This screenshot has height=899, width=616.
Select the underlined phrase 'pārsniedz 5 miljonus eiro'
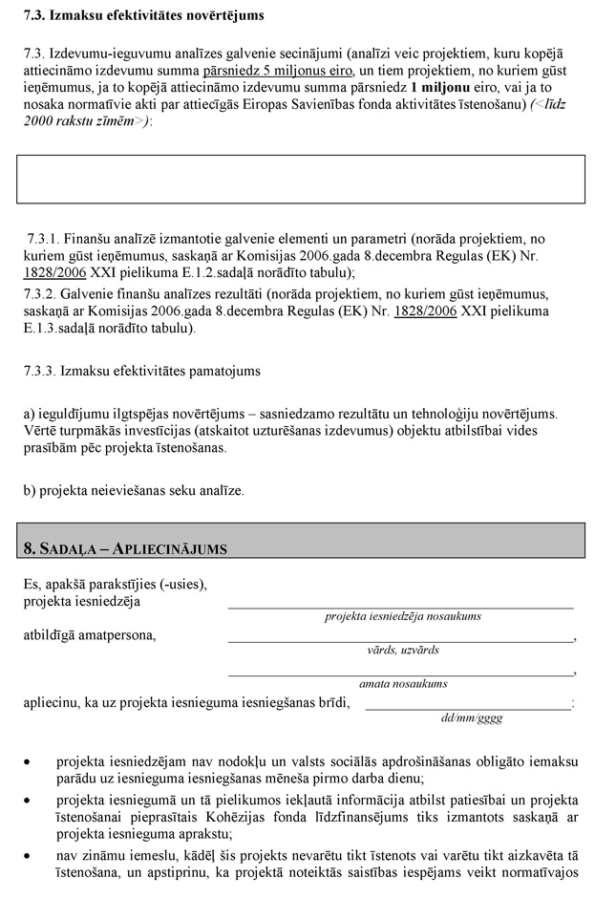click(277, 72)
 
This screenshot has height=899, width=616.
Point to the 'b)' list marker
click(30, 490)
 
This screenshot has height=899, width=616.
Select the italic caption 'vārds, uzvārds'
click(401, 650)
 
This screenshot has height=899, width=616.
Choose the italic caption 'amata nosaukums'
click(401, 683)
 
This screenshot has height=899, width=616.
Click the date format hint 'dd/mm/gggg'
click(471, 717)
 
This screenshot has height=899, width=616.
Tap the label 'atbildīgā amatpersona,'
click(90, 634)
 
